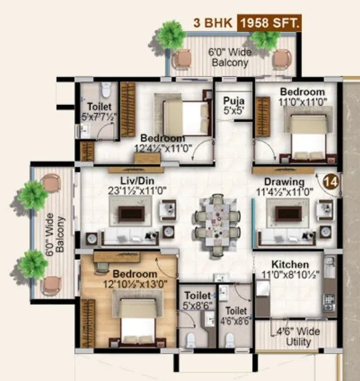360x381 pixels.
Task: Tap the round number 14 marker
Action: click(331, 182)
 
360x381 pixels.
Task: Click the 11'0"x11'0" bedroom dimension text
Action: click(302, 102)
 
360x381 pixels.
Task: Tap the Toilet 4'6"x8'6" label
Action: click(236, 315)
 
